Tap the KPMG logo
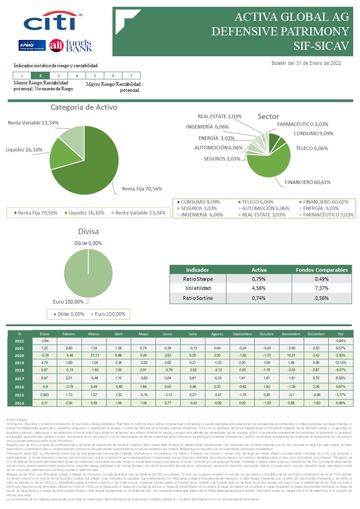tap(31, 45)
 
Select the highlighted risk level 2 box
tap(41, 76)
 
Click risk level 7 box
tap(131, 76)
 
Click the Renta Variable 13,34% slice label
tap(34, 122)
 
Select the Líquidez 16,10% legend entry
tap(85, 213)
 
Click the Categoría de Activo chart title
tap(84, 108)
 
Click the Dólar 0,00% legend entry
tap(69, 314)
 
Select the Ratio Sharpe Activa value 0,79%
tap(259, 279)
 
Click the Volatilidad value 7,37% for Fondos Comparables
tap(321, 289)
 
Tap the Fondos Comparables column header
tap(321, 270)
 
